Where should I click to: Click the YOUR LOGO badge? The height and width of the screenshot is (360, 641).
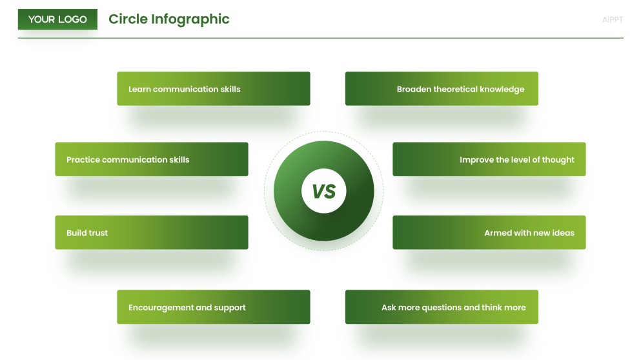pos(57,19)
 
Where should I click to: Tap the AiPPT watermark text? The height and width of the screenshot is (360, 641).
pos(612,20)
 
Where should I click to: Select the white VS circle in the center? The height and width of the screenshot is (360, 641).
pos(323,191)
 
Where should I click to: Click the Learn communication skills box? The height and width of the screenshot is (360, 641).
pos(213,89)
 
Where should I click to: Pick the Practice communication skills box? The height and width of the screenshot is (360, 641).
pos(151,159)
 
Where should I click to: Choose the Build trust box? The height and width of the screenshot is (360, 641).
pos(151,233)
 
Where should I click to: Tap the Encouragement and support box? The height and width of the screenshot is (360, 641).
pos(213,307)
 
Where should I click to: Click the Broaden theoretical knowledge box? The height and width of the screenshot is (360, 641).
pos(442,89)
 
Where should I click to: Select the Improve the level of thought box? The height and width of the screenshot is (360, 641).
pos(489,159)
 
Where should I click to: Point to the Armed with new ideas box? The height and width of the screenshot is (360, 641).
pos(489,233)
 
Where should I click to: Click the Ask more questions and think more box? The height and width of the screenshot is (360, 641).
pos(442,307)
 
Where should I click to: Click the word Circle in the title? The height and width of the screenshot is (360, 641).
pos(128,19)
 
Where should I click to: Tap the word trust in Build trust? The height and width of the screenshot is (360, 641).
pos(97,233)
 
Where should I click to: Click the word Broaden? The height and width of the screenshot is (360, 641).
pos(414,90)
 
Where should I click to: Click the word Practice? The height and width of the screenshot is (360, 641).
pos(83,160)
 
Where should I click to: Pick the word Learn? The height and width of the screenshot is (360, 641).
pos(139,90)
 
